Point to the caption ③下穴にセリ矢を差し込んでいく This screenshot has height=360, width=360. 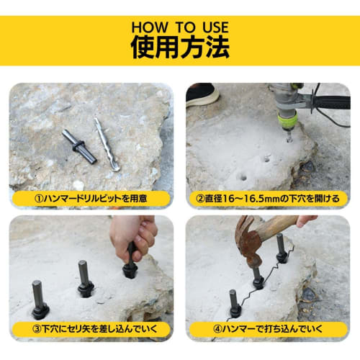pos(91,330)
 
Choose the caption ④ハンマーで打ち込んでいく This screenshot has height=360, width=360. pos(269,330)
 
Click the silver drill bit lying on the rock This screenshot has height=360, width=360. pos(106,144)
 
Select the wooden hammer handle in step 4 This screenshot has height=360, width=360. pos(281,227)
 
